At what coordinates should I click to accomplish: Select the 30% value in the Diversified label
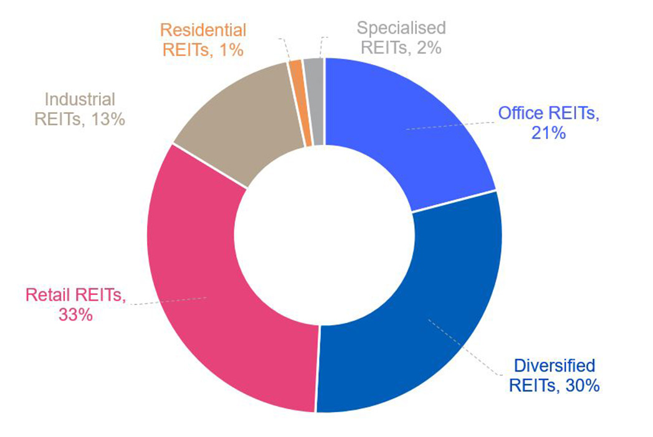pos(581,385)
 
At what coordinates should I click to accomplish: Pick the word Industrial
pos(80,98)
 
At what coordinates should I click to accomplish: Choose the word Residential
pos(203,30)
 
